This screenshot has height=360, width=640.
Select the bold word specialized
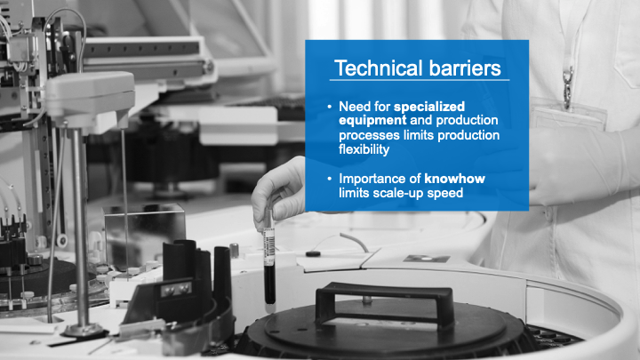pos(429,107)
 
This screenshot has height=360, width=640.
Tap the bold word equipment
pos(372,120)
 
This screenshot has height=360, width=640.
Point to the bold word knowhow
pos(455,179)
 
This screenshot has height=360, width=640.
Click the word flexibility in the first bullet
pos(364,149)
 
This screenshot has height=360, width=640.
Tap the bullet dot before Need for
pos(330,107)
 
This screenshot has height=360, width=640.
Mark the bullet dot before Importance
pos(330,180)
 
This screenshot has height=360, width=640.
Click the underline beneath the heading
pos(420,80)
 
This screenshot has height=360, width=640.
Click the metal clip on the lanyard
pos(567,88)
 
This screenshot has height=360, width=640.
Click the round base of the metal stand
pos(84,330)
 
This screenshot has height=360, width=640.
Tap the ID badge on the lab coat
pos(568,116)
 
